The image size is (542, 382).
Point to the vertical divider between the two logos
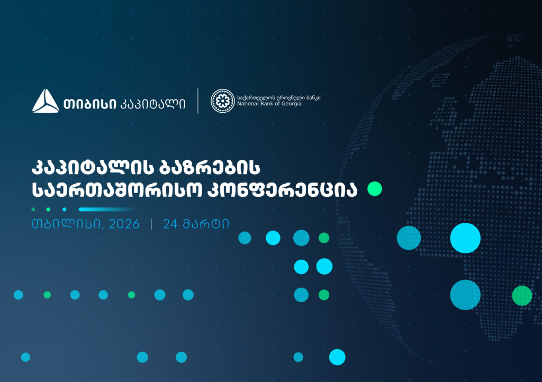[198, 101]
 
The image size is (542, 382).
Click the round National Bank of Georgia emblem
[222, 101]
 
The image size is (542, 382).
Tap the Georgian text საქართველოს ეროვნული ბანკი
[278, 97]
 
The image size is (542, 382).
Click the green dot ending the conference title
[375, 189]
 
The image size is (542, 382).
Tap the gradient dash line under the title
[106, 209]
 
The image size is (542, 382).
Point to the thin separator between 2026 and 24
[152, 224]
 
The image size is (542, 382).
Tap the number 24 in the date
[170, 224]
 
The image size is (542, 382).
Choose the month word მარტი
[206, 224]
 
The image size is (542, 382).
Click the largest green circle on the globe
[522, 295]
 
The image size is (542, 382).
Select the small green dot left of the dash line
[33, 209]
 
